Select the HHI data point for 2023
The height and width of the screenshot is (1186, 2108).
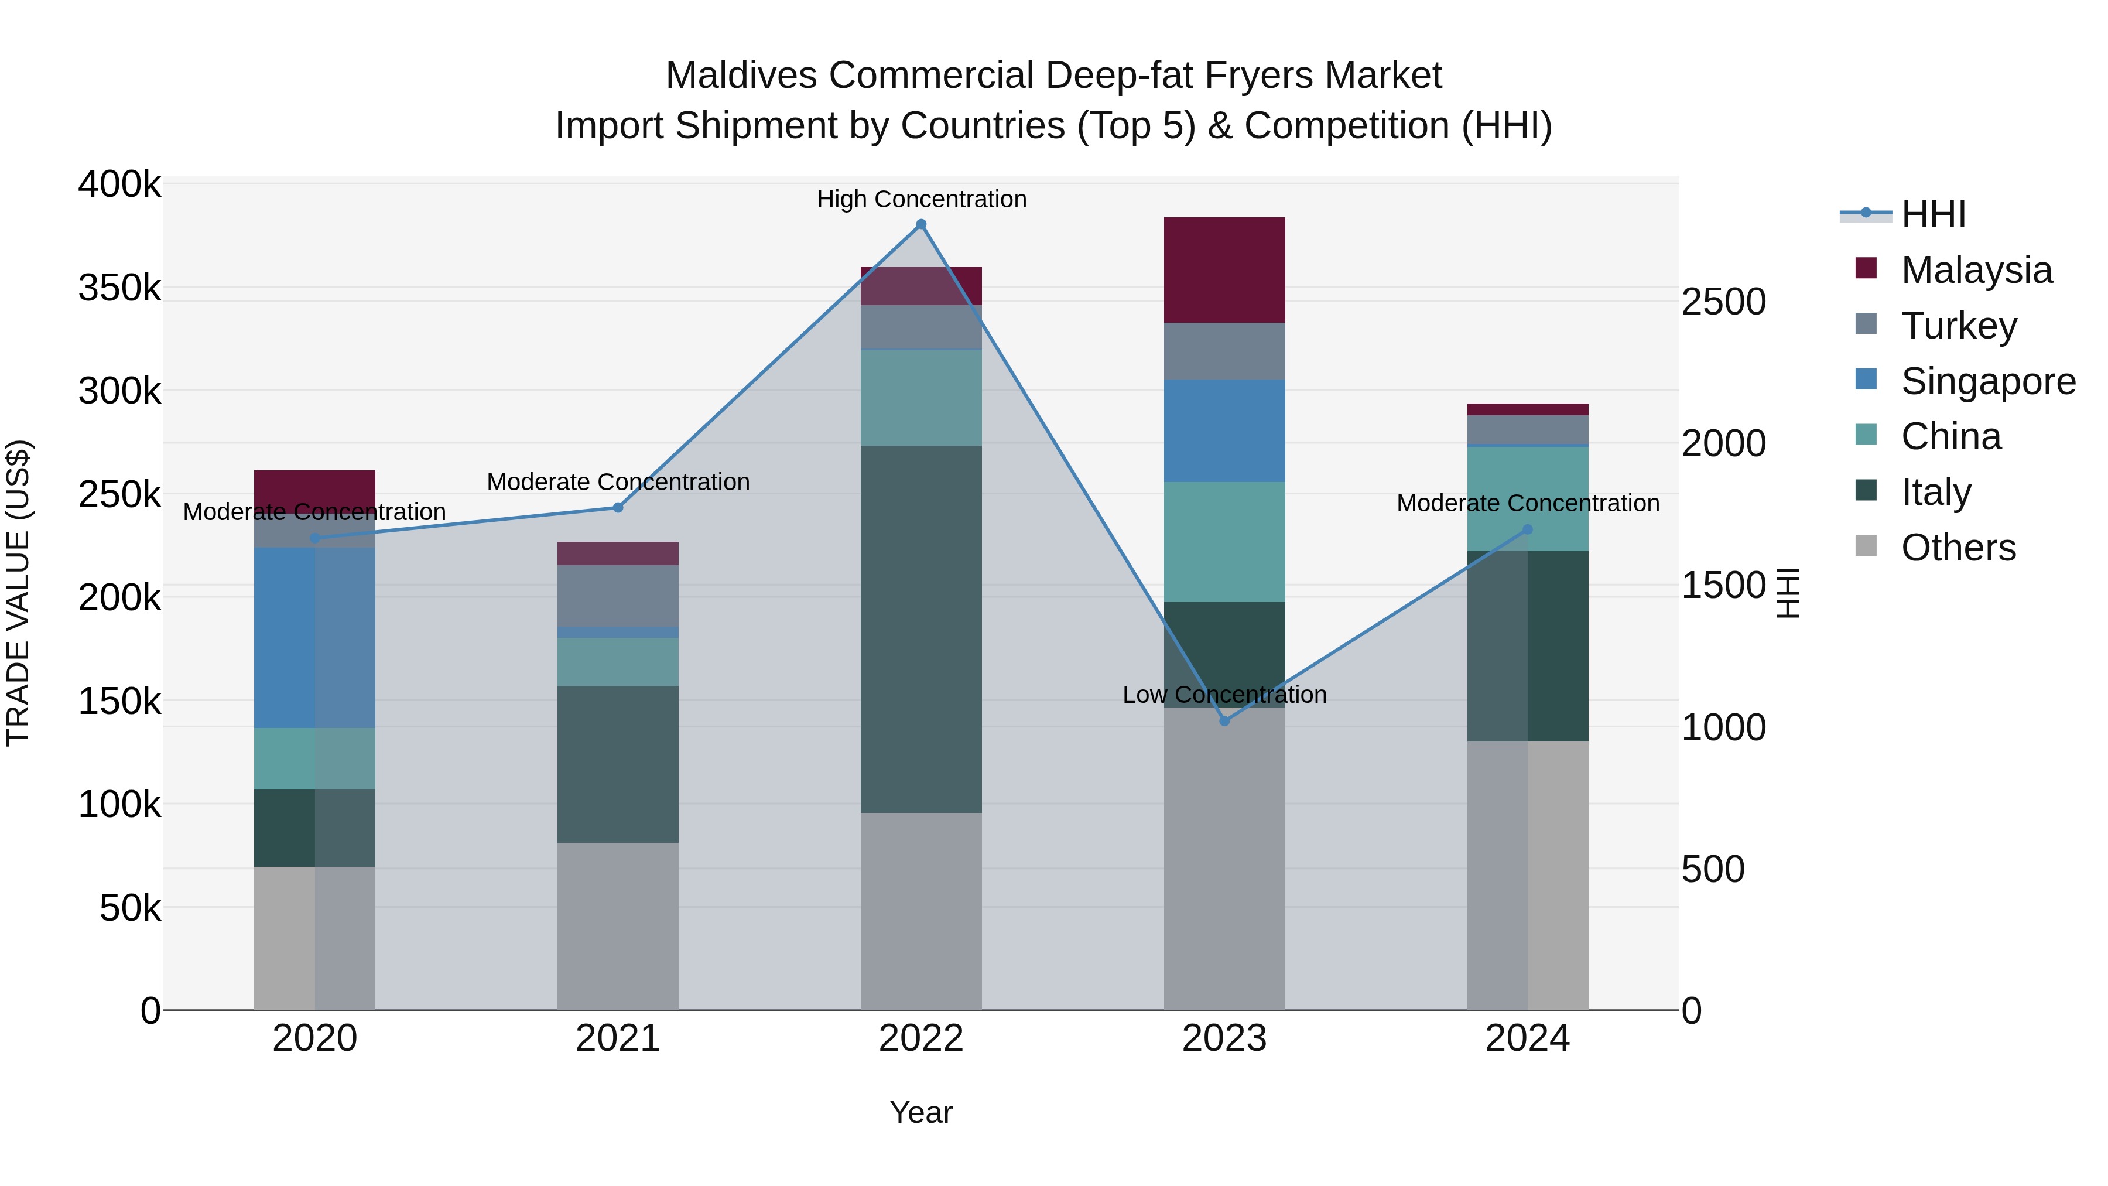coord(1224,721)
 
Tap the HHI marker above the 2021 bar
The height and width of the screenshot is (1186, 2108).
coord(618,507)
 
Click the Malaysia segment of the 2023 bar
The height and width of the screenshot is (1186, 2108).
coord(1224,270)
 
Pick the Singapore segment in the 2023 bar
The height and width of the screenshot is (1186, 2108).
coord(1224,430)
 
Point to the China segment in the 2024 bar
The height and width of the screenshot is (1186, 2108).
coord(1527,498)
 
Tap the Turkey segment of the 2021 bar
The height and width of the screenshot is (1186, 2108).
coord(618,596)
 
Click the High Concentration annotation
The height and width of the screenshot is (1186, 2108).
coord(922,199)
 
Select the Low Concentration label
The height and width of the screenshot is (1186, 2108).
coord(1224,695)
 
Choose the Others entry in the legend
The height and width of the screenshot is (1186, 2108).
coord(1958,548)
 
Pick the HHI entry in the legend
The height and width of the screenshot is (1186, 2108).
coord(1933,214)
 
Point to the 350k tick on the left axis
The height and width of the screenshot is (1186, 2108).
coord(119,288)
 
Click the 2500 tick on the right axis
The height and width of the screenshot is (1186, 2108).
coord(1723,302)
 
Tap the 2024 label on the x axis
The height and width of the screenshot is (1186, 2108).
coord(1527,1038)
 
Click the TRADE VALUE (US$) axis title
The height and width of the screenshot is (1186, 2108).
coord(18,593)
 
